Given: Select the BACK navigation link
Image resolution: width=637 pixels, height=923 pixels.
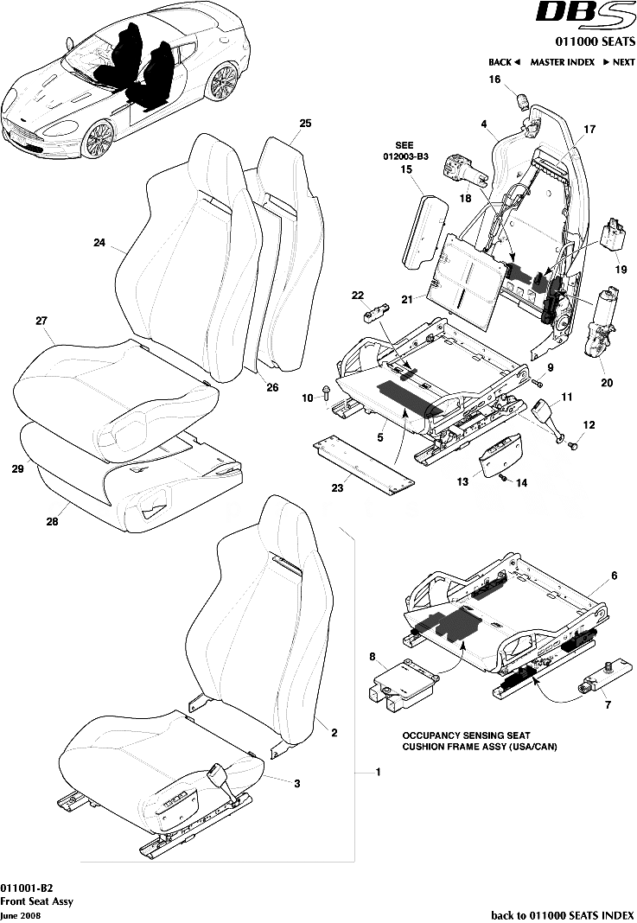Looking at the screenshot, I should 503,62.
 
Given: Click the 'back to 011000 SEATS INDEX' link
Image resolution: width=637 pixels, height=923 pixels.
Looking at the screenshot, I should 562,913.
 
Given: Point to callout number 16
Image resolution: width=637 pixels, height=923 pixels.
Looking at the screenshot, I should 495,80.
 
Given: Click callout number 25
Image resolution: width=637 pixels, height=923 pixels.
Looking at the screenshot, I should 304,124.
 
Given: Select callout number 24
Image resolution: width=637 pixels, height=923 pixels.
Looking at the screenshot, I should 99,243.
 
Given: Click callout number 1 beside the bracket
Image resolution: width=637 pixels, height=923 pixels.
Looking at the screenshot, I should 377,771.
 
